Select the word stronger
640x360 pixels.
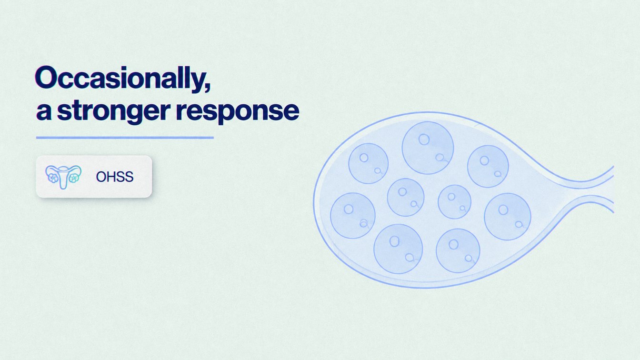[x=114, y=112]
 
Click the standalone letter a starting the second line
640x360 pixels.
[x=44, y=112]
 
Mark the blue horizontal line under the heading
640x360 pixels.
[x=125, y=138]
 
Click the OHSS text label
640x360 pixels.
[x=115, y=177]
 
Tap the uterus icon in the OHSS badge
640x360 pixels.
[x=63, y=177]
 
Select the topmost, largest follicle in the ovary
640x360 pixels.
[x=428, y=148]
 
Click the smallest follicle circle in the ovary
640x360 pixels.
[x=454, y=202]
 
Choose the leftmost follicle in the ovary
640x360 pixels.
[x=352, y=215]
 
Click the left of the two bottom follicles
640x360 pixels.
[x=398, y=249]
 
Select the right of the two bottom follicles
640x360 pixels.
[x=458, y=250]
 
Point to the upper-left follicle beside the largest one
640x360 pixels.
[x=368, y=163]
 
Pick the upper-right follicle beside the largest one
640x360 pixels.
[x=488, y=166]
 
